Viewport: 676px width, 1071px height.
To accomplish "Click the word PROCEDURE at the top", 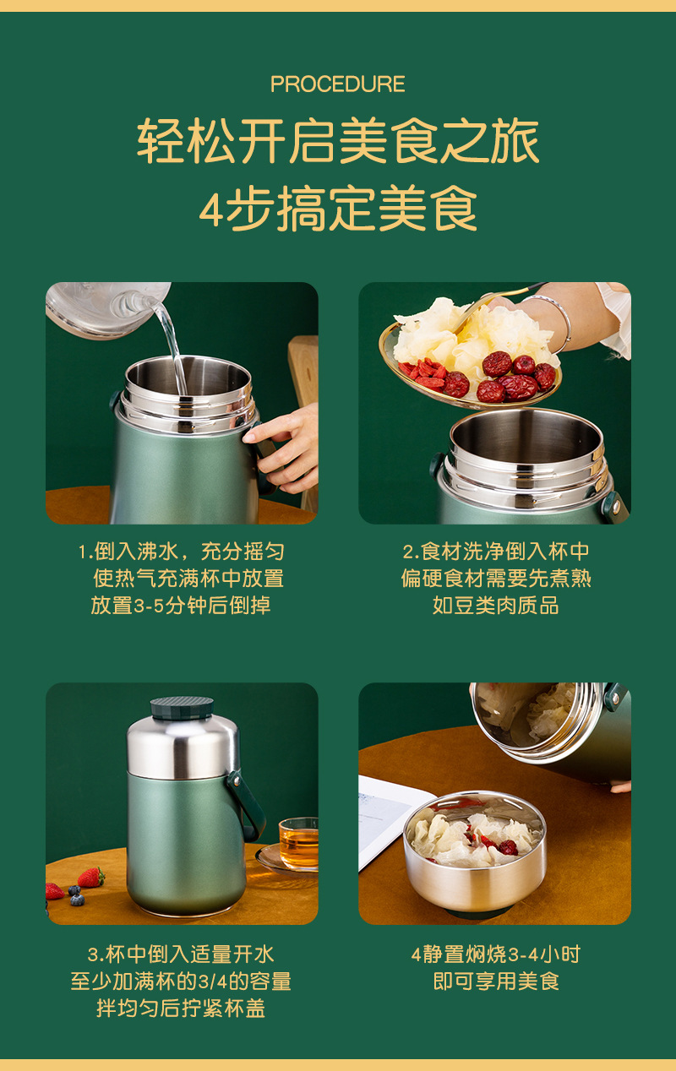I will pos(337,84).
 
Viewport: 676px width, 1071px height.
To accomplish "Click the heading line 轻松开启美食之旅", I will pos(337,141).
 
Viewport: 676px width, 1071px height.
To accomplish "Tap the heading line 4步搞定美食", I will pos(337,208).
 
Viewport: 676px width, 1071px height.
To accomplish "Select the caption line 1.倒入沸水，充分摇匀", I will pos(181,552).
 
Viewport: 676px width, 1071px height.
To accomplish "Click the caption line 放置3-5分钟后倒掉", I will pos(181,606).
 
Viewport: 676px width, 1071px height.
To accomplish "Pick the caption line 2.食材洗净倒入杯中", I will pos(495,552).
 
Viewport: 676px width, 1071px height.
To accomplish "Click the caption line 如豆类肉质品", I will pos(495,606).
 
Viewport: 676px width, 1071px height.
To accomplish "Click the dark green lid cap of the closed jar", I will pos(182,708).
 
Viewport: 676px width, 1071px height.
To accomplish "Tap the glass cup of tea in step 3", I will pos(298,842).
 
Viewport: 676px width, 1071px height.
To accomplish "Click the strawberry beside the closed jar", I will pos(90,878).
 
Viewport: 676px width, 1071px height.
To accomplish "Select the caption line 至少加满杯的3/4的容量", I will pos(181,981).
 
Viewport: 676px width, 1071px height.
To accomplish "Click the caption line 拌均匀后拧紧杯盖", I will pos(181,1008).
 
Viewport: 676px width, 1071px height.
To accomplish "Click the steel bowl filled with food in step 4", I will pos(474,853).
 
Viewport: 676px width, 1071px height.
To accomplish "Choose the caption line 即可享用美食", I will pos(495,981).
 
